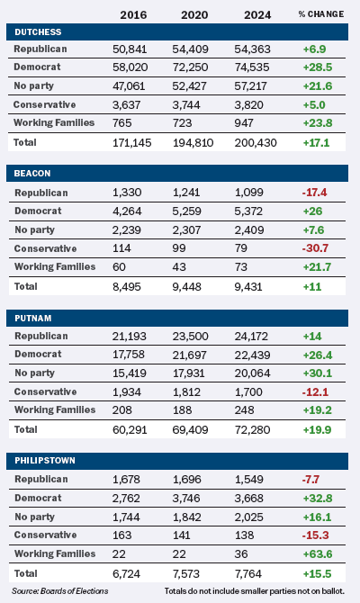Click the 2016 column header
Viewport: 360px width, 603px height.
[133, 15]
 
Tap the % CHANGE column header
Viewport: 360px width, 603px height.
[321, 14]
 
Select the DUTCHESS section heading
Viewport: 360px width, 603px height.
[38, 31]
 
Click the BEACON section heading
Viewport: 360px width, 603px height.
[32, 174]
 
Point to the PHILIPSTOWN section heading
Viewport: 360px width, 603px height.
[45, 460]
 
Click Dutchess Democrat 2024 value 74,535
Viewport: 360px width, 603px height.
[252, 67]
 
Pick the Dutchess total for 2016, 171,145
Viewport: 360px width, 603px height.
[132, 143]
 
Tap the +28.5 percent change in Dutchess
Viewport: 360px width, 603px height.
[318, 67]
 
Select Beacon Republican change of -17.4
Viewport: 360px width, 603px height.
[315, 192]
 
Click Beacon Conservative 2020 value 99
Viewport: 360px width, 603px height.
[179, 248]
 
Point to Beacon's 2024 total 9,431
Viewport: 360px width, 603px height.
[248, 286]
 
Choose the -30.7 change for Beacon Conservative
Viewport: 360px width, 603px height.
[315, 248]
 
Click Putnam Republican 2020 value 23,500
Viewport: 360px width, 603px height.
[191, 336]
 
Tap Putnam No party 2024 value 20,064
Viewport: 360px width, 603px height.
[252, 373]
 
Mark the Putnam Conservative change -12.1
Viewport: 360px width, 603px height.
[315, 391]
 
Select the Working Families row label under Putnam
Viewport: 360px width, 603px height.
[55, 409]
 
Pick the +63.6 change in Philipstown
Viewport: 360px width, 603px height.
[318, 554]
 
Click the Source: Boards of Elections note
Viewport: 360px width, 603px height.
[60, 591]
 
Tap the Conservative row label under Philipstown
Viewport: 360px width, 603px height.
[45, 535]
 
